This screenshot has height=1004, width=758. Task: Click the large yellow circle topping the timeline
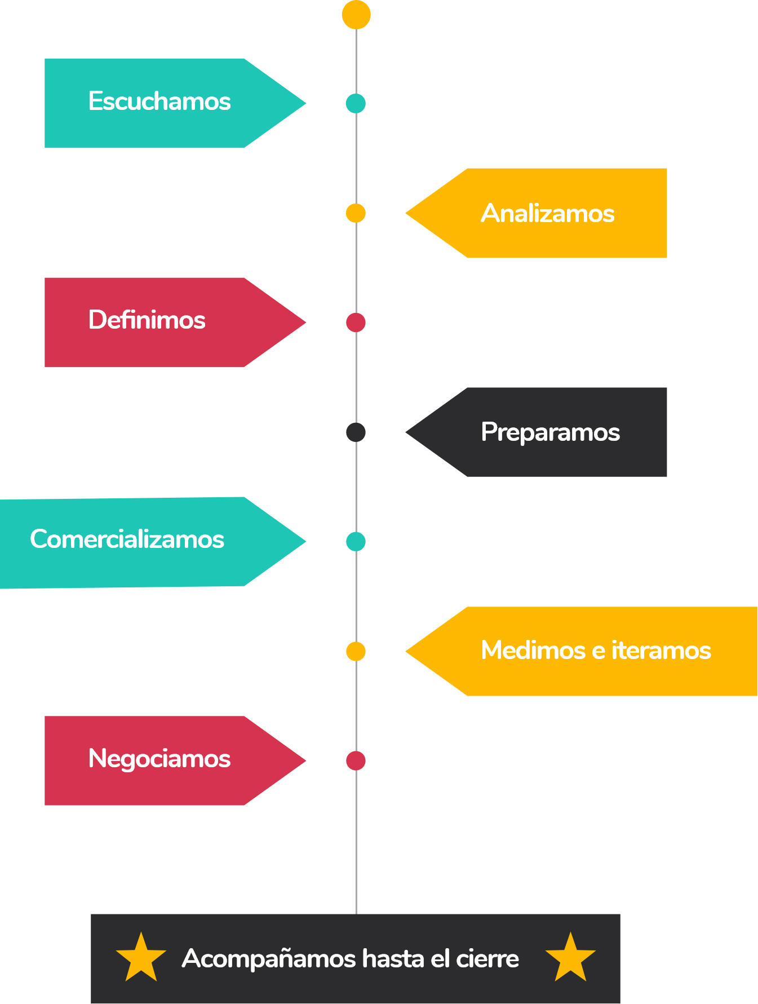(x=356, y=15)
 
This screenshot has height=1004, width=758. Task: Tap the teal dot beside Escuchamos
(x=356, y=104)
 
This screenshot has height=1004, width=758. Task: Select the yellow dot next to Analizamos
(x=356, y=213)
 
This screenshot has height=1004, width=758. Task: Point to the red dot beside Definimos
(x=356, y=322)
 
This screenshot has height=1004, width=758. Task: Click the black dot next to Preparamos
(x=356, y=432)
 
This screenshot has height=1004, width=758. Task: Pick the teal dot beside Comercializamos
(x=356, y=542)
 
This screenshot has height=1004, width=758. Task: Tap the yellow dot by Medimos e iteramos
(x=356, y=651)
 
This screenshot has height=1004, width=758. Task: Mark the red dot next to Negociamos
(x=356, y=760)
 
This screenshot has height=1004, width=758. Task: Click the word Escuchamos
(x=159, y=101)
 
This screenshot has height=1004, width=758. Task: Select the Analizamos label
(x=548, y=213)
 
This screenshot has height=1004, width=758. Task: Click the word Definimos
(x=147, y=320)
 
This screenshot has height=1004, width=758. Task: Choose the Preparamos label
(x=551, y=433)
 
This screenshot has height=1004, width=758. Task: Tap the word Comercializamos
(x=127, y=539)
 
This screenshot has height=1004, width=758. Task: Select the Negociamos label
(x=159, y=759)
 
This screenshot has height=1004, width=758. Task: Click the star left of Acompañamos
(x=141, y=957)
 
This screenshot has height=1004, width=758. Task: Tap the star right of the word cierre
(x=570, y=957)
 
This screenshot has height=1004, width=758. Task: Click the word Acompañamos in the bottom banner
(x=269, y=959)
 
